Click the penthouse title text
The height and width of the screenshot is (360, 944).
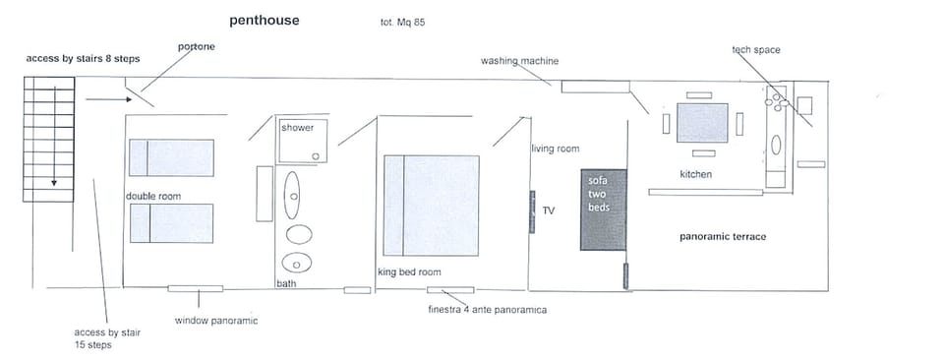pos(265,20)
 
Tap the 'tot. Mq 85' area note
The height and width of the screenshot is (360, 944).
pos(402,22)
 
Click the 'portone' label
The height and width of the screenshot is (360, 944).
pos(196,47)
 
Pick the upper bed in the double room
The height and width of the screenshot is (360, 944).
pos(171,157)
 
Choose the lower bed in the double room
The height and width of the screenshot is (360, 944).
pos(171,223)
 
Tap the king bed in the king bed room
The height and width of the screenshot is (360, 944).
pos(431,205)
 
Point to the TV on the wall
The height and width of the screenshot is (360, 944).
pos(532,210)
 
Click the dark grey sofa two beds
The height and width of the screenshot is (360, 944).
pos(603,210)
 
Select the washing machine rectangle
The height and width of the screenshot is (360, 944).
pos(594,87)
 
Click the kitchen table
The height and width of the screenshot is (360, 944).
pos(702,124)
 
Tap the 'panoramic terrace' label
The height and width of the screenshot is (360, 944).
pos(723,237)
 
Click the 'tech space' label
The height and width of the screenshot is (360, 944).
pos(755,49)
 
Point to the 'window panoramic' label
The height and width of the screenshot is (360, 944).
pos(215,321)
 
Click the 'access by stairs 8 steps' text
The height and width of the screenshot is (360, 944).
pos(83,59)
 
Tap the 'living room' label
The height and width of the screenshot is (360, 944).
pos(555,149)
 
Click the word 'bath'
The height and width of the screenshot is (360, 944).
pos(286,283)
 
